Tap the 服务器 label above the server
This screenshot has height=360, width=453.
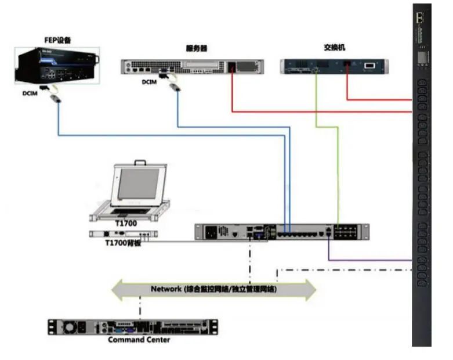[x=196, y=49]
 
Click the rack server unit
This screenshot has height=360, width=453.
[x=192, y=66]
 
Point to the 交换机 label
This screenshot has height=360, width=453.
[x=334, y=48]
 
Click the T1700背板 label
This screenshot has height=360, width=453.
[x=124, y=243]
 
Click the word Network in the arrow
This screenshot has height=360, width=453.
[x=166, y=289]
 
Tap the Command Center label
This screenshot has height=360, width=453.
[x=139, y=339]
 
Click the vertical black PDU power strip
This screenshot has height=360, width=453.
[x=422, y=174]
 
